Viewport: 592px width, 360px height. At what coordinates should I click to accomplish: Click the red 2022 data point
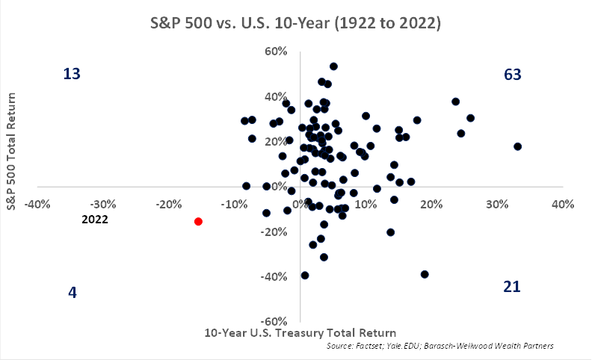tap(198, 221)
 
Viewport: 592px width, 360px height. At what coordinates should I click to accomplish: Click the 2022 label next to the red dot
tap(95, 220)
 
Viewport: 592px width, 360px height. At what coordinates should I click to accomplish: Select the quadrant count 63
tap(512, 74)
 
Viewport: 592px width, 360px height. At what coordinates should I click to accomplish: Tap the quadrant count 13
tap(72, 74)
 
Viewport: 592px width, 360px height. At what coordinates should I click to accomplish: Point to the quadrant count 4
tap(73, 292)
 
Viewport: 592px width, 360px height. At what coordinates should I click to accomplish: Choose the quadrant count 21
tap(512, 286)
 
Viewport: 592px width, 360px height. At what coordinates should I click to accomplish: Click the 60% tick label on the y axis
tap(276, 51)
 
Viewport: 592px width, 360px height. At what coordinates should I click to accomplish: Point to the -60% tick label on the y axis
tap(274, 321)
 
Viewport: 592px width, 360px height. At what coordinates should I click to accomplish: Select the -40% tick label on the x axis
tap(37, 204)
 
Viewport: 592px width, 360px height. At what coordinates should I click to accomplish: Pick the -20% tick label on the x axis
tap(167, 204)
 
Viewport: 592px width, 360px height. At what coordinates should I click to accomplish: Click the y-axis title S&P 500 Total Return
tap(12, 152)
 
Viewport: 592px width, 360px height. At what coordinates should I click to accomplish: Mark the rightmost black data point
tap(517, 146)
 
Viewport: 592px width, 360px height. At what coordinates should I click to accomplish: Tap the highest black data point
tap(333, 66)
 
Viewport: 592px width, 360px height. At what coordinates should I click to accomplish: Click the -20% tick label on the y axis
tap(274, 232)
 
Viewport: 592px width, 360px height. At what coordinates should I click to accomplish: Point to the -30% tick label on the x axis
tap(102, 204)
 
